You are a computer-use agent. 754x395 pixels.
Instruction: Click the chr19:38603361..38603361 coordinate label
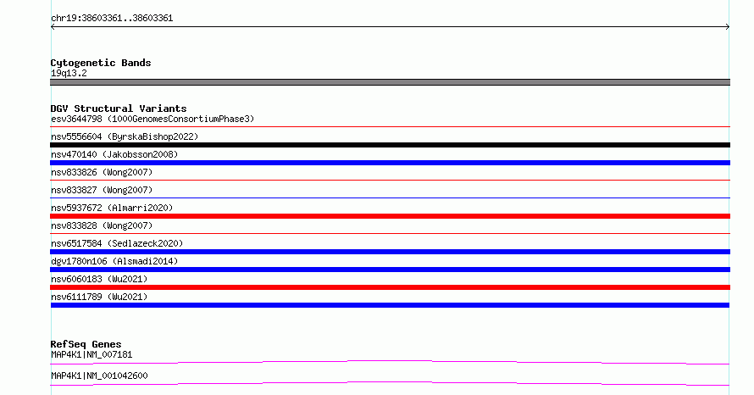click(x=112, y=19)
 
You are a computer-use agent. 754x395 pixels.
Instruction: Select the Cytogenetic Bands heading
click(x=101, y=63)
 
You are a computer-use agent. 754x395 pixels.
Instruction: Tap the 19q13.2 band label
click(x=69, y=73)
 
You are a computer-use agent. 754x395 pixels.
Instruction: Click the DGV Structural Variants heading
click(x=119, y=108)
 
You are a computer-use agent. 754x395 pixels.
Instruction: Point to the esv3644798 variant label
click(x=76, y=119)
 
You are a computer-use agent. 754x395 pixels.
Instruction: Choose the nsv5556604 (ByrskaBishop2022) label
click(x=125, y=136)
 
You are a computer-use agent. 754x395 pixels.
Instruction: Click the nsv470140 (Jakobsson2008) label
click(x=114, y=154)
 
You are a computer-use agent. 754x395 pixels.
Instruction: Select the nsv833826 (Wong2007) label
click(x=102, y=172)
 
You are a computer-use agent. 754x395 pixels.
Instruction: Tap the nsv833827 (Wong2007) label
click(x=102, y=190)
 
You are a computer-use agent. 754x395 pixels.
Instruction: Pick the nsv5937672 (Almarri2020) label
click(x=112, y=208)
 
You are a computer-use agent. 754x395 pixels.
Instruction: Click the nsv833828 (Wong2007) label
click(x=102, y=225)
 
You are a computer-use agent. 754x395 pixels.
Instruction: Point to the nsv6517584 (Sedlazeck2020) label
click(x=117, y=243)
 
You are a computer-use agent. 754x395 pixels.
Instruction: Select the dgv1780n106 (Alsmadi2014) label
click(x=114, y=261)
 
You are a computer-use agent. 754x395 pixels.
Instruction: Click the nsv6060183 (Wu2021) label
click(x=99, y=279)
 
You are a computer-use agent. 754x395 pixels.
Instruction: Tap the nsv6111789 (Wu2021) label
click(x=99, y=297)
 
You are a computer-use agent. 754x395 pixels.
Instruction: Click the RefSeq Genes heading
click(x=86, y=344)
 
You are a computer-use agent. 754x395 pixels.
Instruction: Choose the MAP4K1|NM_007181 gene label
click(x=91, y=354)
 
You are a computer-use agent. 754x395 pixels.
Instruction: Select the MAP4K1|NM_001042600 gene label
click(x=99, y=376)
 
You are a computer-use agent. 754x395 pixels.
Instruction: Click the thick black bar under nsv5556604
click(x=390, y=145)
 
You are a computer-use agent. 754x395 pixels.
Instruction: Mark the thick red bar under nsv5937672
click(x=390, y=216)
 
